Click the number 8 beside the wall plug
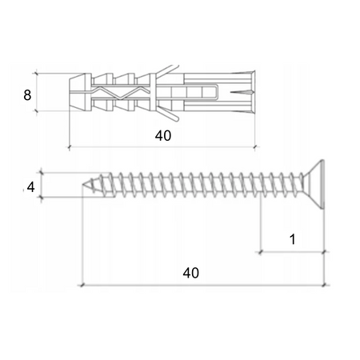click(x=27, y=94)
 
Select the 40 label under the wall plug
click(x=162, y=136)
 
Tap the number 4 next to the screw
click(x=30, y=186)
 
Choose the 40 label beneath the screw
click(x=190, y=272)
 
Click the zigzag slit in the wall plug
click(x=120, y=93)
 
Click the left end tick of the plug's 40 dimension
click(x=70, y=147)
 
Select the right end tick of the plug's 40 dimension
click(x=255, y=147)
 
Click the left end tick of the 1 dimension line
click(x=261, y=251)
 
